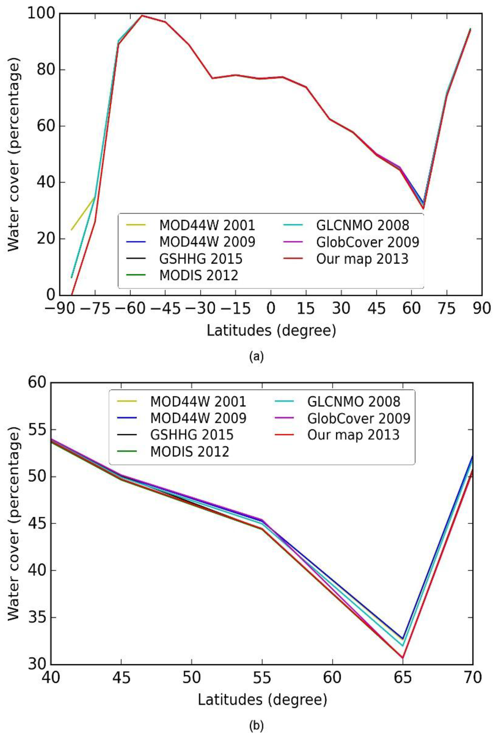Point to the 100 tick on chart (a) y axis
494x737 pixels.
click(41, 14)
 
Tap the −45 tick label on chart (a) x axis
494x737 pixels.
click(165, 309)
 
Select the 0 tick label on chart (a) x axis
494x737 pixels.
click(271, 309)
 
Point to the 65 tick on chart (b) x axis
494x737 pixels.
click(402, 678)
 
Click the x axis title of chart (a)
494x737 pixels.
click(271, 331)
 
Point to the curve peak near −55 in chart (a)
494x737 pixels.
click(142, 15)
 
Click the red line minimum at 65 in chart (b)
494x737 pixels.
click(402, 657)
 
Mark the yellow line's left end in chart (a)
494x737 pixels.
click(71, 230)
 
